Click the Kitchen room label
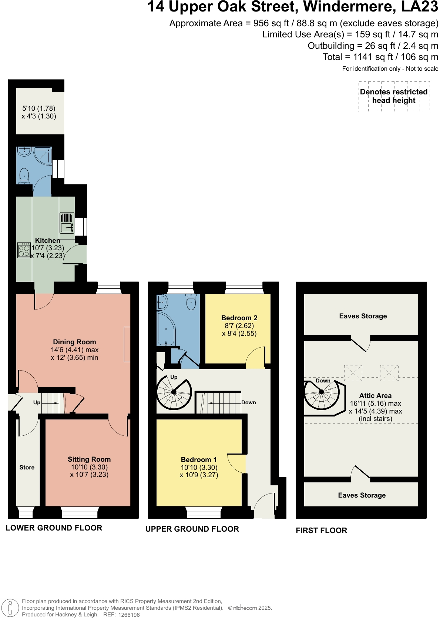click(x=47, y=241)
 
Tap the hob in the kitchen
click(x=24, y=250)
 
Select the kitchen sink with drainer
click(x=67, y=222)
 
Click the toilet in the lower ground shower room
click(x=24, y=175)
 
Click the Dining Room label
click(x=74, y=342)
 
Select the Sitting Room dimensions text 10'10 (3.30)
click(x=89, y=467)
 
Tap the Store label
click(x=27, y=468)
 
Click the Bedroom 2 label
click(x=239, y=318)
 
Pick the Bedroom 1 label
click(x=199, y=460)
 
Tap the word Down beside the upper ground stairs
click(x=249, y=402)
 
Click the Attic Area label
click(x=375, y=396)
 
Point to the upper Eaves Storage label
click(x=363, y=316)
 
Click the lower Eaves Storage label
click(x=362, y=495)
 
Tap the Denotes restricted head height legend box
click(x=394, y=96)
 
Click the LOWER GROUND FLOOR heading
click(x=54, y=528)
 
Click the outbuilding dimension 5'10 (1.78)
click(x=39, y=108)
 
